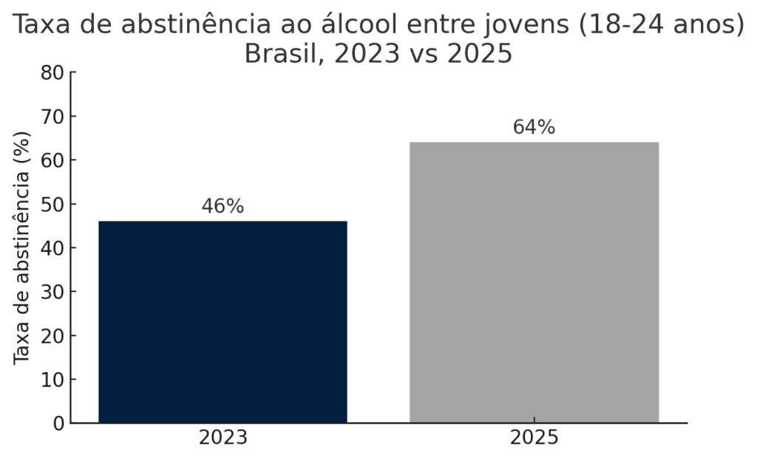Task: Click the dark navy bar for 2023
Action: (223, 322)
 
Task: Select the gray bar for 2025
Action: (534, 282)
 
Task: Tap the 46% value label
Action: (223, 207)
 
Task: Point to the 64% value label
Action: (534, 127)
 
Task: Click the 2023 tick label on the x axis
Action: (223, 438)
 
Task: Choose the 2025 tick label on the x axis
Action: (534, 438)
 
